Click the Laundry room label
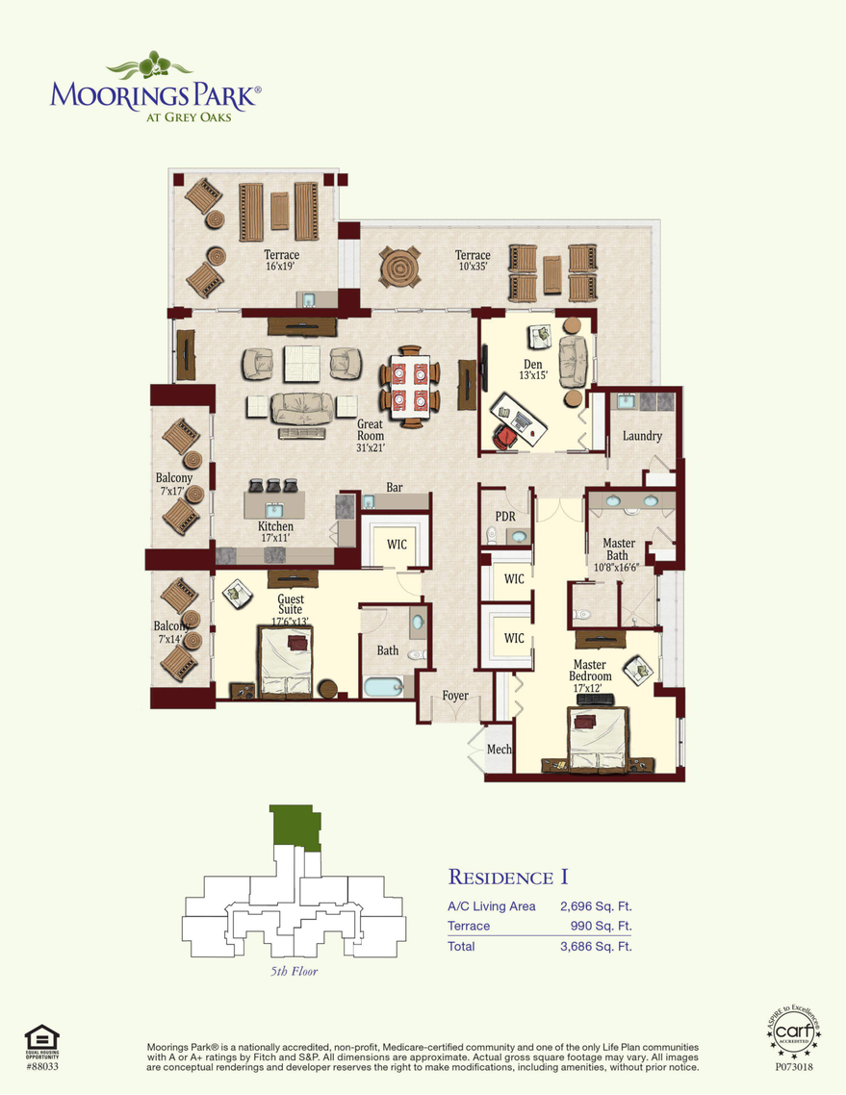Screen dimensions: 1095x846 pos(642,436)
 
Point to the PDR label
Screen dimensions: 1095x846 pos(505,516)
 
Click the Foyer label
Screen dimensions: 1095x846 pos(455,696)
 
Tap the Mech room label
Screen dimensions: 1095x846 pos(499,750)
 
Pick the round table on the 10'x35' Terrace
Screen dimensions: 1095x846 pos(399,267)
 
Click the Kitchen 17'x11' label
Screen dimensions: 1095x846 pos(275,532)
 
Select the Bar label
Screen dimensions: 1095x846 pos(395,488)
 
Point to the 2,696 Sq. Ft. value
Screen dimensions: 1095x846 pos(596,905)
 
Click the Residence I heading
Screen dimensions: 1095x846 pos(507,877)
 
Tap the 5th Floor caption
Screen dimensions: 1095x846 pos(294,972)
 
